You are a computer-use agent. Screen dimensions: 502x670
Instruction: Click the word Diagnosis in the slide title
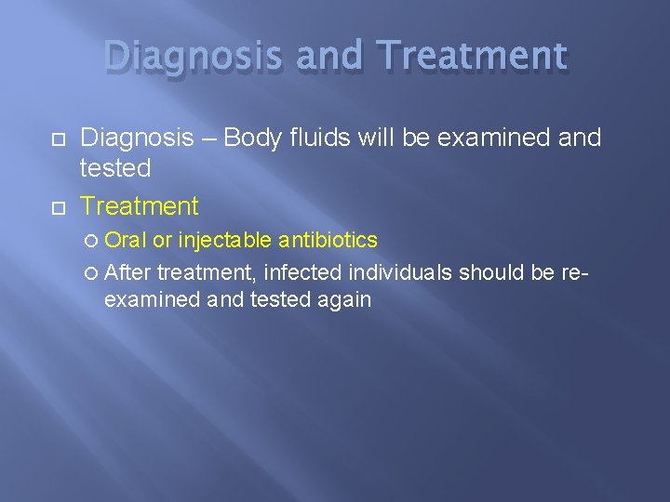point(194,58)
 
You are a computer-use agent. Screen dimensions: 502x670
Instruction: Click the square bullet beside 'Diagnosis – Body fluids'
point(29,139)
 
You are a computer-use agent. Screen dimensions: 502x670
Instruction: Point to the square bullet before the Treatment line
point(29,206)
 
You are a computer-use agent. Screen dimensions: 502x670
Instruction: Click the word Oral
point(126,241)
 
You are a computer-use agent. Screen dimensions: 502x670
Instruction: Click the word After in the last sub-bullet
point(128,272)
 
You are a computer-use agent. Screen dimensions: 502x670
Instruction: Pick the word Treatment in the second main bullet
point(140,205)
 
